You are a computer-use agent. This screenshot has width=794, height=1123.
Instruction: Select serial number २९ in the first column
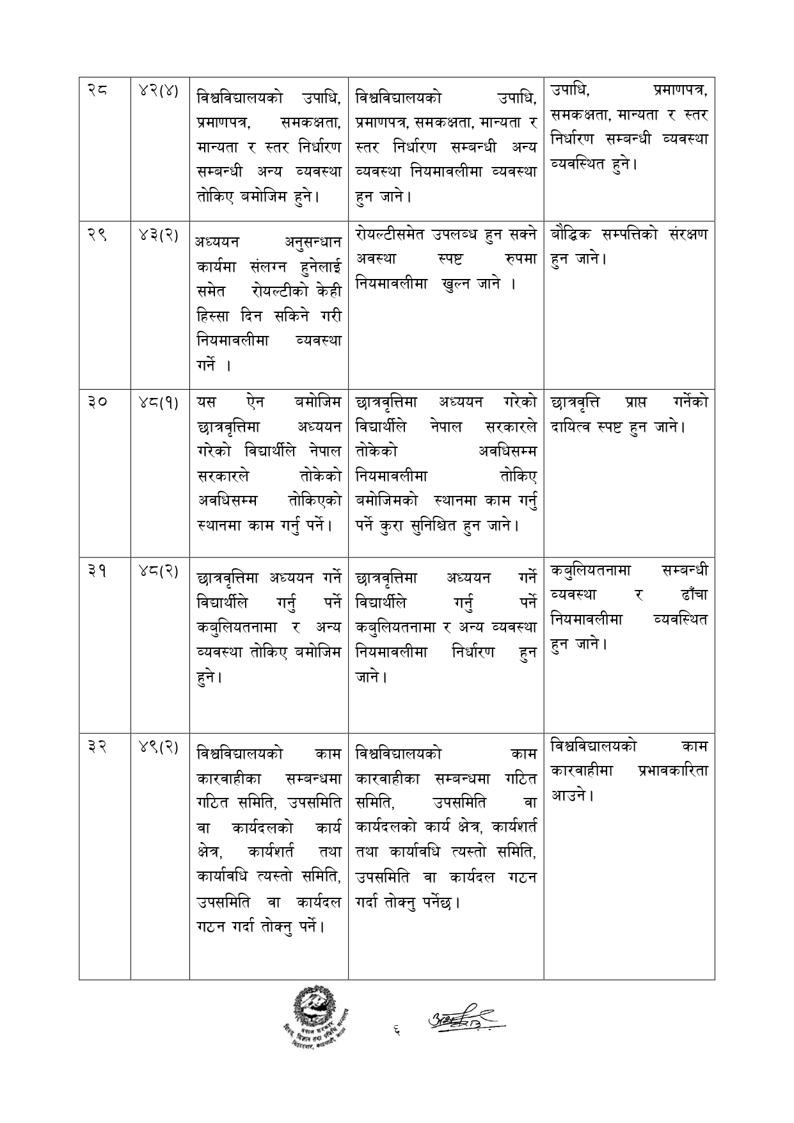tap(98, 235)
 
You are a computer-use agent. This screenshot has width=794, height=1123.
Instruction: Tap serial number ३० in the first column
tap(98, 402)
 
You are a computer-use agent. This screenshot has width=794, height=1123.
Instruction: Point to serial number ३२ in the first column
tap(98, 746)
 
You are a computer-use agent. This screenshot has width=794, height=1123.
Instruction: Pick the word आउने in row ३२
tap(569, 796)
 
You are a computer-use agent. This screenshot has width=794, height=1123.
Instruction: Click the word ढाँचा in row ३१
tap(694, 594)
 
